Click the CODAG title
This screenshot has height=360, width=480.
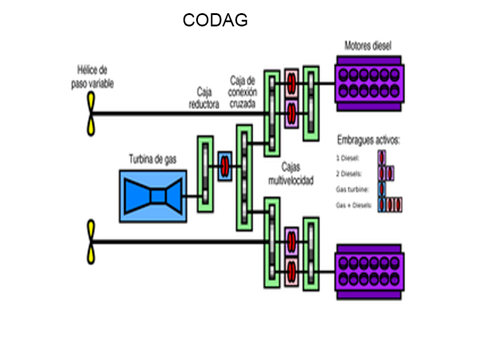[x=215, y=20]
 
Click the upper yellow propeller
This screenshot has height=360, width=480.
[x=91, y=114]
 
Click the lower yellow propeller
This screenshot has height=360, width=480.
[x=91, y=242]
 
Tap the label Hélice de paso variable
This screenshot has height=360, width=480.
[x=92, y=77]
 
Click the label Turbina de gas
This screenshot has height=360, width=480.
[x=153, y=160]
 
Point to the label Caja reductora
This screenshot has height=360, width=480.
[x=204, y=98]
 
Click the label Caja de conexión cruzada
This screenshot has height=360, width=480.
[x=242, y=92]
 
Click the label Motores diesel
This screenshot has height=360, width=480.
[x=368, y=46]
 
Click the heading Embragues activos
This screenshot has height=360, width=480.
[x=368, y=141]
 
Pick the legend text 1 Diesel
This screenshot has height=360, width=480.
[x=348, y=159]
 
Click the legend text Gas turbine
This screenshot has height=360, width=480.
[x=352, y=190]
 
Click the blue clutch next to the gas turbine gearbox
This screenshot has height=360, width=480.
[x=224, y=166]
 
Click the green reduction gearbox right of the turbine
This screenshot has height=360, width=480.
[x=206, y=173]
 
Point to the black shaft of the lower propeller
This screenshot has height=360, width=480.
[x=180, y=242]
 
